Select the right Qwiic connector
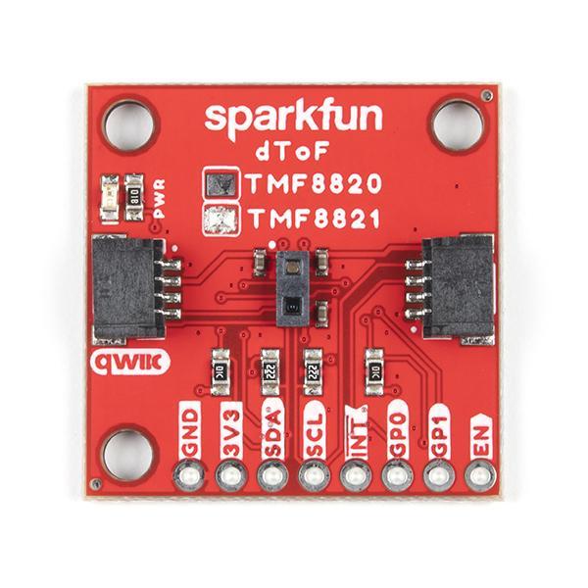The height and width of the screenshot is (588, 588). [459, 284]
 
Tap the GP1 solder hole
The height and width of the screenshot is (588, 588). [438, 477]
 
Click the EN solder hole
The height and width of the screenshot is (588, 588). [479, 477]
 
